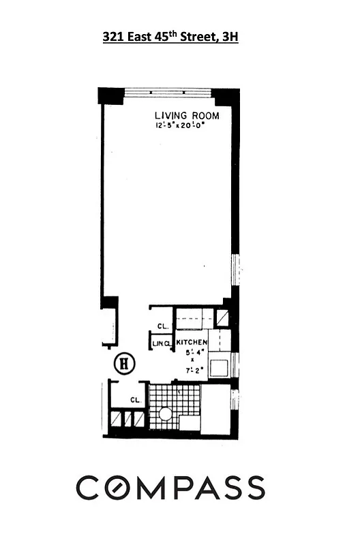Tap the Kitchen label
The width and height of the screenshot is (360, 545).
click(192, 341)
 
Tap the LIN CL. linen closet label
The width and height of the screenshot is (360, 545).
click(162, 343)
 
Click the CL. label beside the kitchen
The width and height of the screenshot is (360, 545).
click(162, 326)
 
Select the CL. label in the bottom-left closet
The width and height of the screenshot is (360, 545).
click(135, 400)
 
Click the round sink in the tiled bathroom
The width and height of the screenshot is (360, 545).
click(166, 414)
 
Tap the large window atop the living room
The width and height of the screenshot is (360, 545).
click(168, 92)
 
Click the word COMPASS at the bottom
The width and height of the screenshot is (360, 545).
click(170, 488)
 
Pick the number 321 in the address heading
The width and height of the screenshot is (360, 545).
click(112, 38)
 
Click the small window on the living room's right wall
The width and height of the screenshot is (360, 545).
click(236, 268)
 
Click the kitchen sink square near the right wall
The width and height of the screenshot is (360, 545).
click(219, 368)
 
